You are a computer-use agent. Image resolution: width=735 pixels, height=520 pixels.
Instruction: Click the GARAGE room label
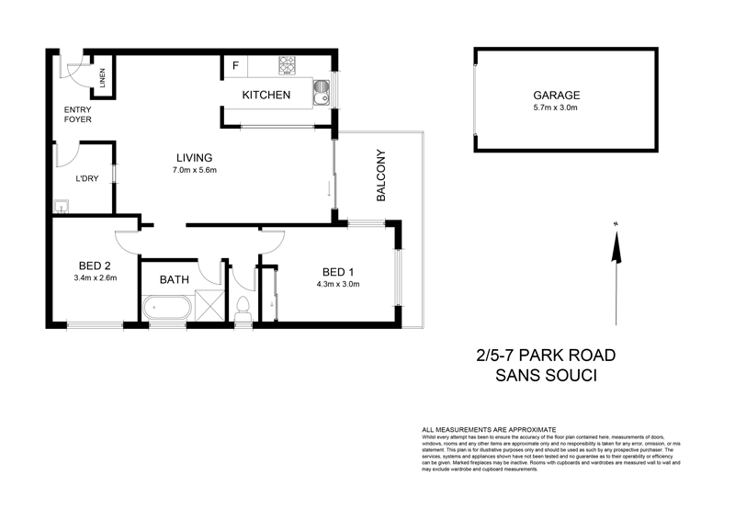[558, 95]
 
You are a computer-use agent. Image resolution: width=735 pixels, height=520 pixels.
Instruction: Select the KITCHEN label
[266, 96]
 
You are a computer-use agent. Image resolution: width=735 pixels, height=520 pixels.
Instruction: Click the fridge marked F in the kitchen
[236, 66]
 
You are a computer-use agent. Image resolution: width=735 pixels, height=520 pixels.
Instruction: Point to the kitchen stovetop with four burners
[288, 65]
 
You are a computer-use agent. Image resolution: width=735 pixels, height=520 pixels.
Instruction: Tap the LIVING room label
[195, 156]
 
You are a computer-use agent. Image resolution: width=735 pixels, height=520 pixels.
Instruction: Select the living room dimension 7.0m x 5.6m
[195, 170]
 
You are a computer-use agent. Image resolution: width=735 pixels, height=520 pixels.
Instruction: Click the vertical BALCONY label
[380, 175]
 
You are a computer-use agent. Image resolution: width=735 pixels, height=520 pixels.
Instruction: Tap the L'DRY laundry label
[87, 179]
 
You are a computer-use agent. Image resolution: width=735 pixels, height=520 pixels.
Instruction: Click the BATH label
[175, 279]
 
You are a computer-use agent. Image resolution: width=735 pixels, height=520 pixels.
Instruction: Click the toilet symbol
[243, 307]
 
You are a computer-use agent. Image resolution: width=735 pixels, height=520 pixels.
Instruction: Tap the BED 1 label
[339, 271]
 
